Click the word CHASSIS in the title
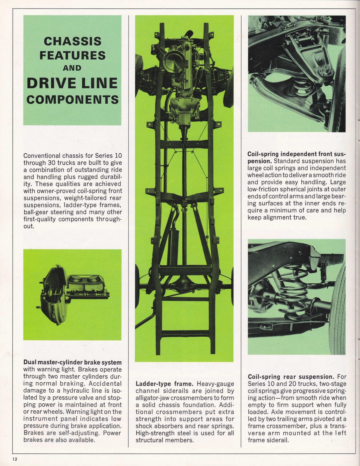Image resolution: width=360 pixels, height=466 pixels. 72,41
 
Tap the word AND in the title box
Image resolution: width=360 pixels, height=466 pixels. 72,68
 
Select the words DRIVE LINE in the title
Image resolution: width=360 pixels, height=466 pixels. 72,83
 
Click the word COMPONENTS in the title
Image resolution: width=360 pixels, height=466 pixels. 72,100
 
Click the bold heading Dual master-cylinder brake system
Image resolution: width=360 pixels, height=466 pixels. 72,363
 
